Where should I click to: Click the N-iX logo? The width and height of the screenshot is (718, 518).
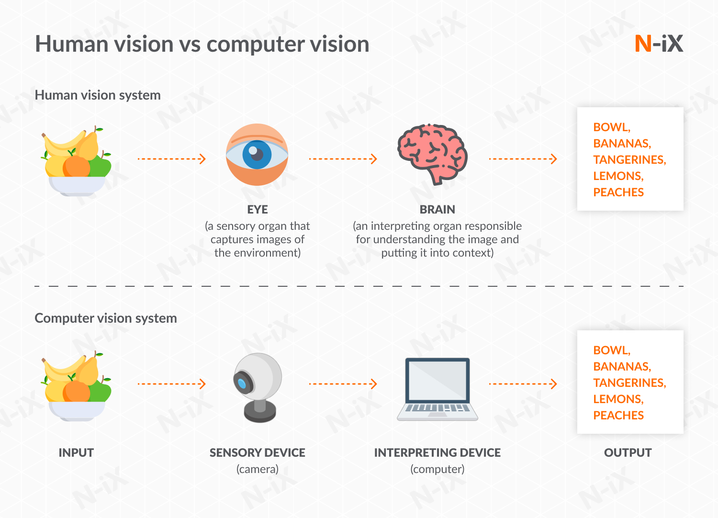point(659,44)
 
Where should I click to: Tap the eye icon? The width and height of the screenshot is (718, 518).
point(257,155)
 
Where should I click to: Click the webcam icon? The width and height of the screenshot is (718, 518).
point(257,387)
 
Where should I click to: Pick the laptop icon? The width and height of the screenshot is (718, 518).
point(437,389)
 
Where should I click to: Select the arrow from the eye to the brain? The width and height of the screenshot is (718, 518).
point(343,159)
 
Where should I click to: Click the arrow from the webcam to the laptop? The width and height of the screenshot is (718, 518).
point(343,383)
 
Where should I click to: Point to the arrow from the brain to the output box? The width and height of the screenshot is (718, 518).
point(523,159)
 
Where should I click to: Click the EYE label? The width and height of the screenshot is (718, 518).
point(258,210)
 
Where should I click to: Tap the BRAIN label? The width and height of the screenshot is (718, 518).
point(437,210)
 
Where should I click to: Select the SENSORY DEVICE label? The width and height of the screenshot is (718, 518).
point(258,453)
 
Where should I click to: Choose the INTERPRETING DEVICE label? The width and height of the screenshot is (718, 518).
point(437,453)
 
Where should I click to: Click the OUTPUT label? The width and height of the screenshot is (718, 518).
point(628,453)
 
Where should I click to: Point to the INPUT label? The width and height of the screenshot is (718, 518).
point(76,453)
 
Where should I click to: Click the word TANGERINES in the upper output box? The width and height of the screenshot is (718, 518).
point(629,160)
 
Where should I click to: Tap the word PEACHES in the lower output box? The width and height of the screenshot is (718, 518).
point(618,416)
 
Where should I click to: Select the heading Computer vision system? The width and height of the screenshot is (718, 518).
point(106,318)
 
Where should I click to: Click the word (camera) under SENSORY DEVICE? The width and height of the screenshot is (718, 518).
point(258,469)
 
